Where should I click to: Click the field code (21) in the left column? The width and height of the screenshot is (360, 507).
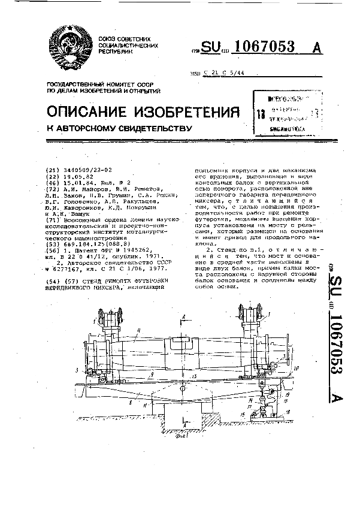pos(52,170)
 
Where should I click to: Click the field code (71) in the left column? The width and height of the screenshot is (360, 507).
pos(52,220)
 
